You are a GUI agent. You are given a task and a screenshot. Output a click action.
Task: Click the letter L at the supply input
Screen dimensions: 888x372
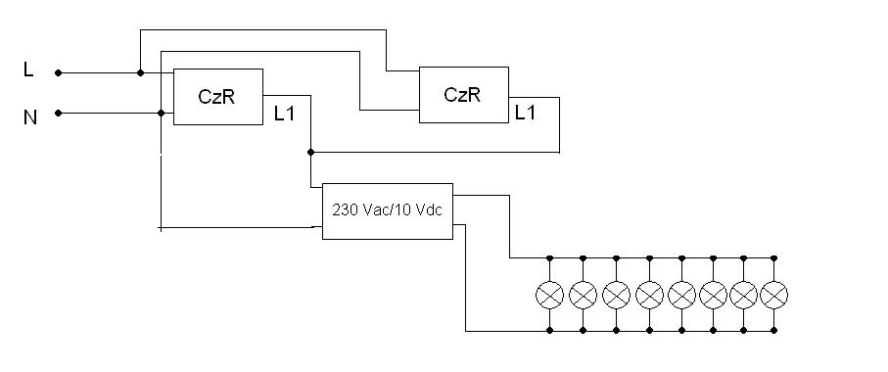[x=28, y=70]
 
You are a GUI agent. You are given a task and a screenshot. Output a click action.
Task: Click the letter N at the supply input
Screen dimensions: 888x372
[x=30, y=117]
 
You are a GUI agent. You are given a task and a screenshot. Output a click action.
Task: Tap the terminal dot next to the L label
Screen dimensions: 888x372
[x=58, y=72]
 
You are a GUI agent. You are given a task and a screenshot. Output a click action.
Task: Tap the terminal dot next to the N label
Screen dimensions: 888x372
[x=58, y=114]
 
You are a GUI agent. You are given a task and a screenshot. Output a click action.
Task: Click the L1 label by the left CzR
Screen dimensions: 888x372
[x=284, y=114]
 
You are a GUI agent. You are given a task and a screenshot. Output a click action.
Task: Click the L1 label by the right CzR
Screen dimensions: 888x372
[x=525, y=113]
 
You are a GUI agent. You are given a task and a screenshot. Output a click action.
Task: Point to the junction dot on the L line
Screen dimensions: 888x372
[x=140, y=72]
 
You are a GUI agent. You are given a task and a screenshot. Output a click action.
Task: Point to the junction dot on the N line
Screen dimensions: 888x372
[x=161, y=114]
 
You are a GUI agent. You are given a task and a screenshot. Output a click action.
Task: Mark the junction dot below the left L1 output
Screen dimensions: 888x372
[x=310, y=153]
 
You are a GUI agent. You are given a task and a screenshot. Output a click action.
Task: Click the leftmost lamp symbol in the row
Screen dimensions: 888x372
[x=549, y=295]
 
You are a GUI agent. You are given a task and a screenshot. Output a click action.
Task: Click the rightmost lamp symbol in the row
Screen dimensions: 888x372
[x=774, y=295]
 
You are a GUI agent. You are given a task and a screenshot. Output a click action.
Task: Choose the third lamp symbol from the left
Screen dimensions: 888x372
[x=616, y=295]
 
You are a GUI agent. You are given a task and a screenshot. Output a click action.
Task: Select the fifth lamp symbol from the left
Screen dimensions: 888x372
[x=681, y=295]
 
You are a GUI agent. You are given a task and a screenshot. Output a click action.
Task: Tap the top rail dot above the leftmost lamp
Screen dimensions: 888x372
[x=549, y=258]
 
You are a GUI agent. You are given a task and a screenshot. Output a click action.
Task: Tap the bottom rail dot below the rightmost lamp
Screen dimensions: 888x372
[x=774, y=330]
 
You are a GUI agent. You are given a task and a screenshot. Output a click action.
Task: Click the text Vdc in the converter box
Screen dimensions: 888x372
[x=429, y=210]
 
